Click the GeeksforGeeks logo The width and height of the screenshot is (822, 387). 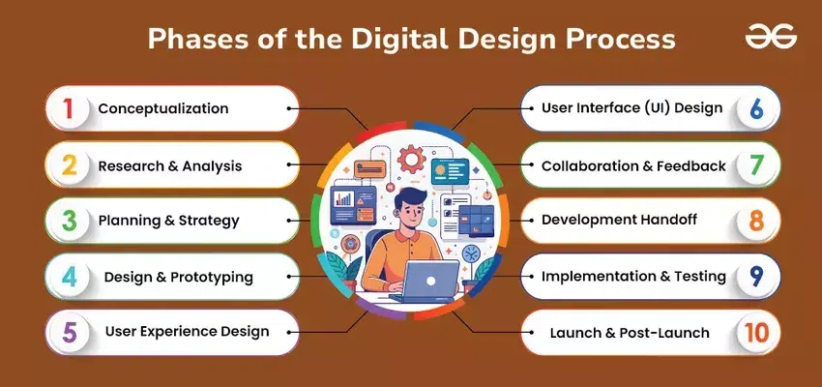pos(771,36)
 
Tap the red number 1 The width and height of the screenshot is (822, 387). pos(68,109)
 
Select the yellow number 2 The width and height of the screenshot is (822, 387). pos(69,165)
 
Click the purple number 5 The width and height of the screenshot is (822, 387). pos(70,332)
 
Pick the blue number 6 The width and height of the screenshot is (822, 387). pos(756,109)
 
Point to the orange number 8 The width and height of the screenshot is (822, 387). pos(756,222)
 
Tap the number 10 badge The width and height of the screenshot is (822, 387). pos(756,333)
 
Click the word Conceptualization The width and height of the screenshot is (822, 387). pos(163,108)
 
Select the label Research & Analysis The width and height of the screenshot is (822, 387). pos(170,166)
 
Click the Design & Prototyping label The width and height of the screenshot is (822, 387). pos(178,277)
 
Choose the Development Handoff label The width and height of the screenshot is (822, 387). pos(619,220)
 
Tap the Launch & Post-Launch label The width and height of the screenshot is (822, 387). pos(630,333)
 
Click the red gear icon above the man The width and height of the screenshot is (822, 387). pos(411,159)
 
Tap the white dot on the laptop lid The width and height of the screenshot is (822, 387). pos(431,282)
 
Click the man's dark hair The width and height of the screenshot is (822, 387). pos(410,198)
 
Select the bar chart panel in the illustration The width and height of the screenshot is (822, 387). pos(353,205)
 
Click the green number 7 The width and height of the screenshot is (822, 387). pos(756,165)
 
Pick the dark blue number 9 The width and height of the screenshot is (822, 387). pos(756,277)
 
